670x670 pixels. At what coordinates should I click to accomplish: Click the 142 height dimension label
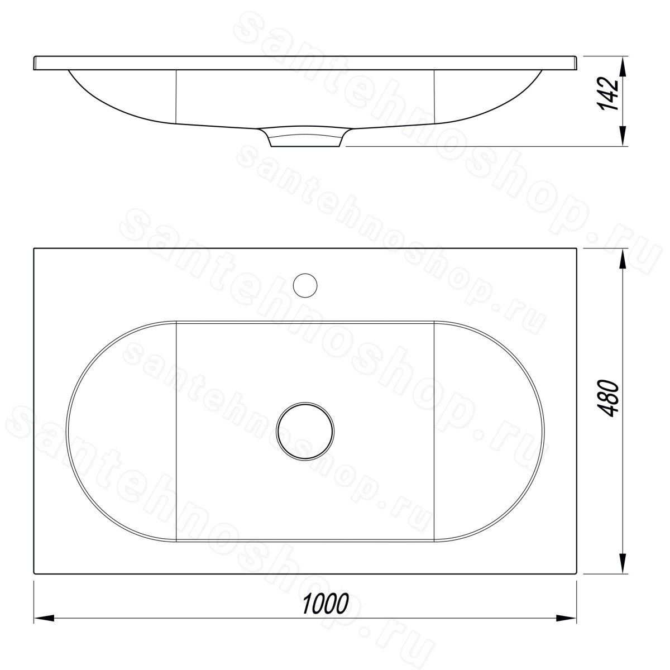click(610, 95)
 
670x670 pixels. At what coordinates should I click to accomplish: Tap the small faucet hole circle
click(305, 285)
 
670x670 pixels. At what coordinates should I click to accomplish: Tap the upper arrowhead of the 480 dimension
click(623, 259)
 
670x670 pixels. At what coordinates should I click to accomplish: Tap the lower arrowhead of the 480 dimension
click(623, 563)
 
